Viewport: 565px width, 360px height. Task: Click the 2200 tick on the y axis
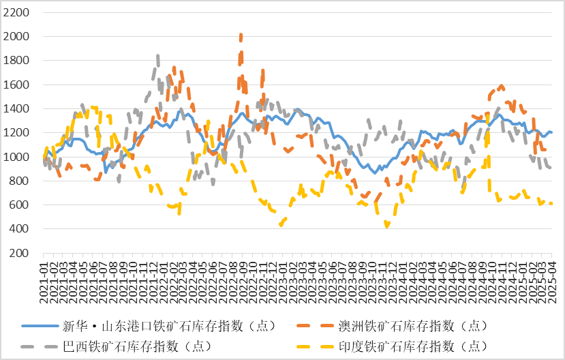click(x=16, y=13)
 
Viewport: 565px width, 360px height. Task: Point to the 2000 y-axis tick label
click(x=16, y=37)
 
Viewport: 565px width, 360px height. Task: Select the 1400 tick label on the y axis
click(x=16, y=109)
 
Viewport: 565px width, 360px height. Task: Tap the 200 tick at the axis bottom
click(x=19, y=253)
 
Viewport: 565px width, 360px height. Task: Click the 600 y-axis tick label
click(x=19, y=205)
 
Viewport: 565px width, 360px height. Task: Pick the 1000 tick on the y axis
click(x=16, y=157)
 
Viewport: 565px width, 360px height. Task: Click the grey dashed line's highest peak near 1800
click(x=158, y=56)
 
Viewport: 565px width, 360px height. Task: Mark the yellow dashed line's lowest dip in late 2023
click(x=387, y=226)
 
